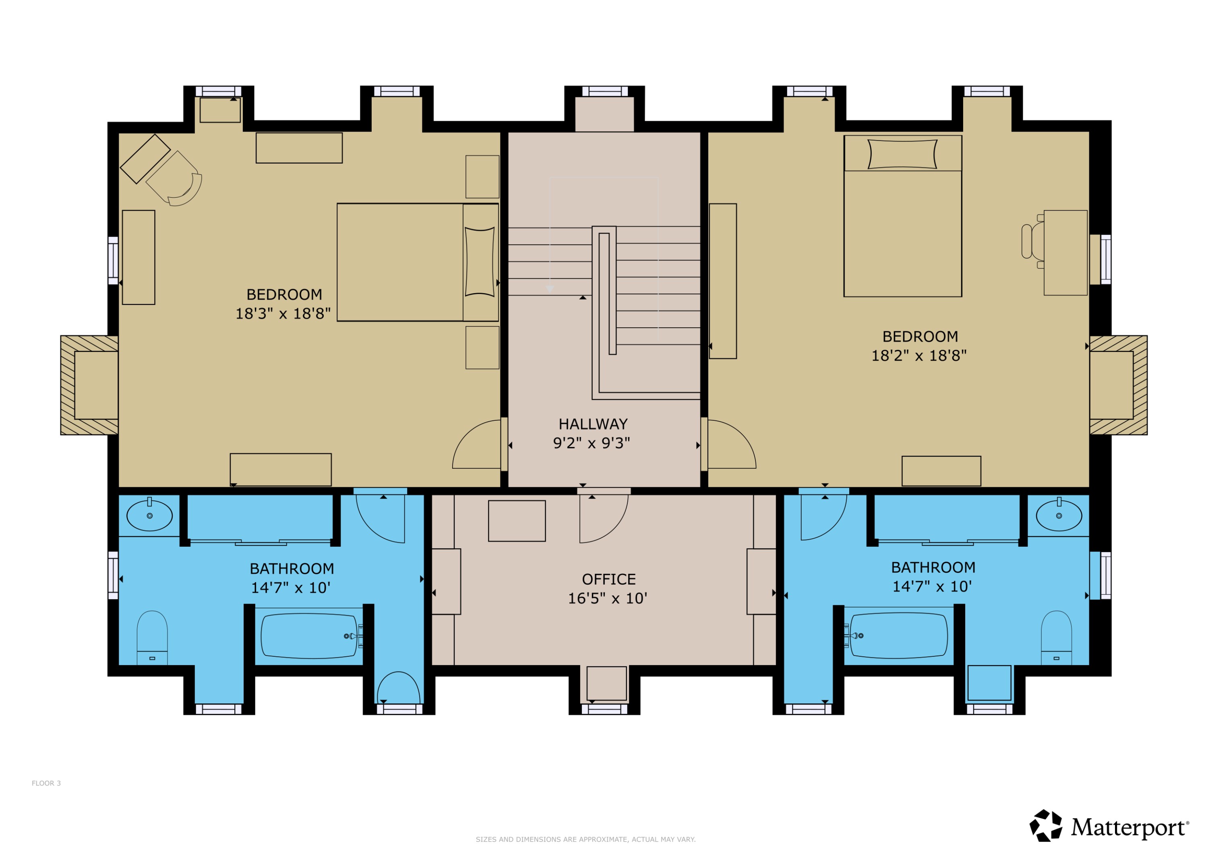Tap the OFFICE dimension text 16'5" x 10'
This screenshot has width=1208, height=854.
[x=607, y=598]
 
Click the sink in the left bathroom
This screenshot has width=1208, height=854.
[x=149, y=516]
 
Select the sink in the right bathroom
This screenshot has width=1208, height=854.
[x=1059, y=516]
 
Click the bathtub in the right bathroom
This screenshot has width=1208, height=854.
[x=899, y=636]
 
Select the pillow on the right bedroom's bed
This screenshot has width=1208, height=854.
[x=902, y=154]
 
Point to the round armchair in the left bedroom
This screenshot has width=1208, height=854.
[x=179, y=182]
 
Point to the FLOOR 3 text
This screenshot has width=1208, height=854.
[x=46, y=783]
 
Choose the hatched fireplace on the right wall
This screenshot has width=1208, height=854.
[x=1119, y=385]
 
